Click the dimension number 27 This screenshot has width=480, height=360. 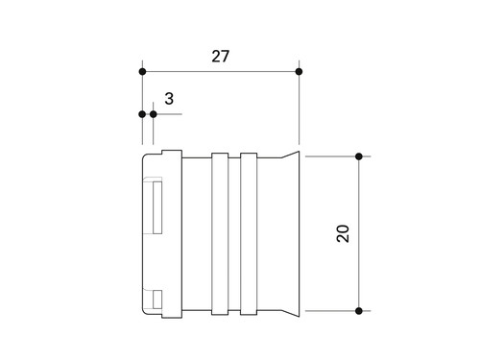pyautogui.click(x=221, y=57)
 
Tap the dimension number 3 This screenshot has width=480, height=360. pyautogui.click(x=169, y=99)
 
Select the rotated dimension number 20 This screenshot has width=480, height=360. pyautogui.click(x=343, y=233)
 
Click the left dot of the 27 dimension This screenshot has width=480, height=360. pyautogui.click(x=142, y=72)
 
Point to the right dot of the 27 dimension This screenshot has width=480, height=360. pyautogui.click(x=299, y=72)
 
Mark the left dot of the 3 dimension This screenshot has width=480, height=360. pyautogui.click(x=142, y=114)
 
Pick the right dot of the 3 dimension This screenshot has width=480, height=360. pyautogui.click(x=154, y=114)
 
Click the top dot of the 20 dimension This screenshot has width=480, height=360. pyautogui.click(x=359, y=156)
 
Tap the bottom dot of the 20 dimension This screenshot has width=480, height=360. pyautogui.click(x=359, y=311)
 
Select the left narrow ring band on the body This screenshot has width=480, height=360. pyautogui.click(x=220, y=234)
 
